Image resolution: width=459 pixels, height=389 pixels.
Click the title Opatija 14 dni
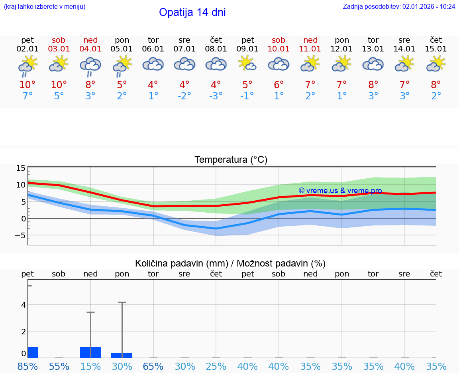tap(192, 12)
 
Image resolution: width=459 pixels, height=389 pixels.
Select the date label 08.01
tap(216, 49)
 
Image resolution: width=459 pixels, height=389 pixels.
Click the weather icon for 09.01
tap(247, 64)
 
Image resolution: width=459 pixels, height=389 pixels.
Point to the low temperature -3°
tap(216, 96)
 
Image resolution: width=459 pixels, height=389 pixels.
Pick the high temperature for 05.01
tap(122, 85)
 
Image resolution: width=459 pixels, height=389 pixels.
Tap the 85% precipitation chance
tap(27, 366)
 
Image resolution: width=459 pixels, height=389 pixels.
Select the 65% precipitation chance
tap(153, 366)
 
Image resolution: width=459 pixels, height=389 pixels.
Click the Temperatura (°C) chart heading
tap(231, 160)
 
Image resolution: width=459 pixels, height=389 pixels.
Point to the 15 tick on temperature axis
tap(21, 168)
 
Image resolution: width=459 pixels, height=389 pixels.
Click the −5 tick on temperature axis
tap(20, 235)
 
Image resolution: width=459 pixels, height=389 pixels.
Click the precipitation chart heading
tap(230, 263)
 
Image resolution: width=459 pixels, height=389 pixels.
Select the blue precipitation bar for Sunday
tap(90, 353)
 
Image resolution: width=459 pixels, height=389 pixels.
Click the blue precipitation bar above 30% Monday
tap(122, 355)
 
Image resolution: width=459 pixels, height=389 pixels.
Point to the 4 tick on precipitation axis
tap(24, 305)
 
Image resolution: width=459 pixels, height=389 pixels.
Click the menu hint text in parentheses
tap(44, 7)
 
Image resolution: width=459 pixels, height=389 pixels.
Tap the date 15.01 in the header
tap(436, 49)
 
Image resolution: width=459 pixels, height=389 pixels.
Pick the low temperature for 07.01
tap(184, 96)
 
